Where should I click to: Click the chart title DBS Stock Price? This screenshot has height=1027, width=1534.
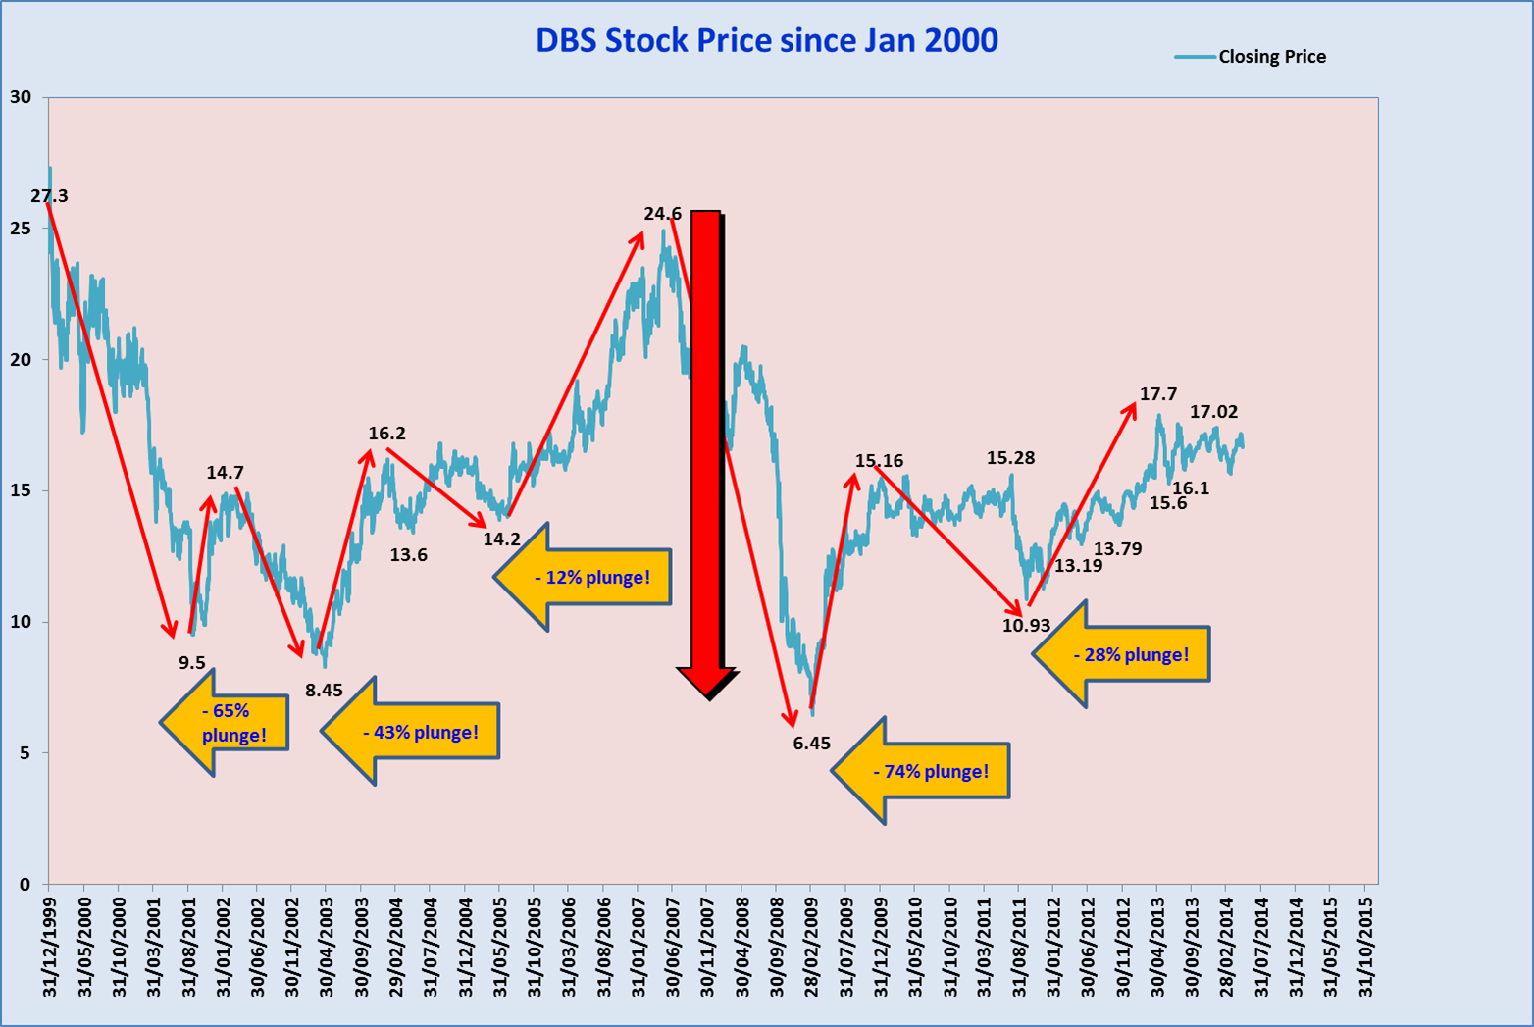(766, 40)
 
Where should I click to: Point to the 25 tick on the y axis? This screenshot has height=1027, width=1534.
(21, 229)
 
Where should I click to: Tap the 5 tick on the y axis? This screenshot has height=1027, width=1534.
(26, 753)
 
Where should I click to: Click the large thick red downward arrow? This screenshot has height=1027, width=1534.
(707, 441)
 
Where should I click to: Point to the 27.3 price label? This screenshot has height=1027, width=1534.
(49, 196)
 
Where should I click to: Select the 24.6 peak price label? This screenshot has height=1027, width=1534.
(662, 214)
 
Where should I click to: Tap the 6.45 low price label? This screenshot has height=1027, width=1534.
(812, 744)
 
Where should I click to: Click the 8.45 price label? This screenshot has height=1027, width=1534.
(324, 691)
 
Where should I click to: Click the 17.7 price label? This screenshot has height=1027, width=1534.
(1158, 394)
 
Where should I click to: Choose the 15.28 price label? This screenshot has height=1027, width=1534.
(1010, 458)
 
